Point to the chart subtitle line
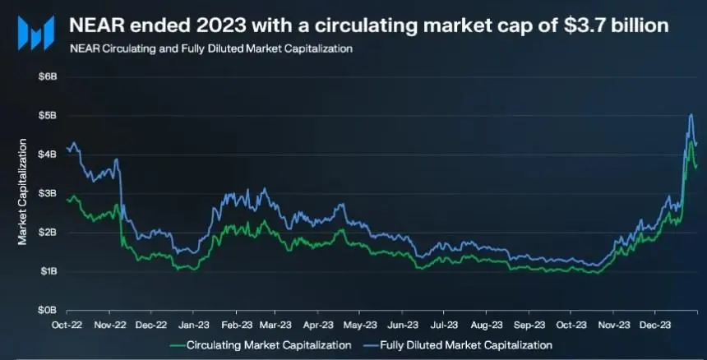(212, 49)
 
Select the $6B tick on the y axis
(47, 76)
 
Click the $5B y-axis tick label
(47, 115)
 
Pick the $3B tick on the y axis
(47, 193)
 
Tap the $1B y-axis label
(47, 271)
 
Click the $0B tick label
(47, 311)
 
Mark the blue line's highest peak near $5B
(691, 115)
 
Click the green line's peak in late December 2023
(691, 141)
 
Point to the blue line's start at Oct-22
(67, 148)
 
